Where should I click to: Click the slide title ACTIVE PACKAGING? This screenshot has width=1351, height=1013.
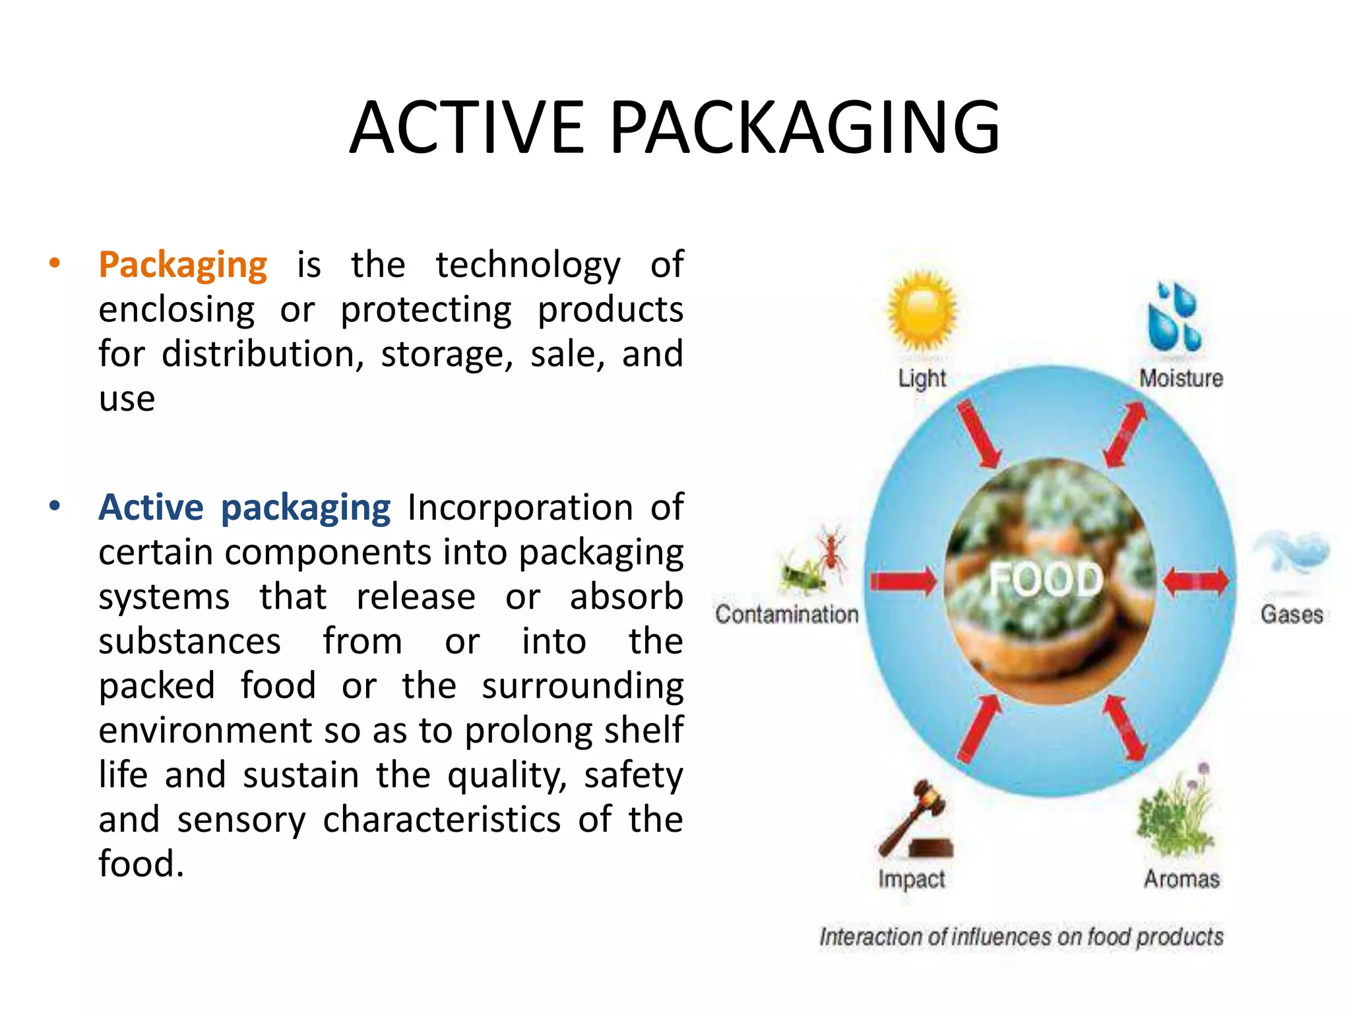674,127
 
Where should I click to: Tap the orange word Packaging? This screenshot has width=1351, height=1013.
183,265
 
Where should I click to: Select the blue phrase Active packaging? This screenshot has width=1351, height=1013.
244,508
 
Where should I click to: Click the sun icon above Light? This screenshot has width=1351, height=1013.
922,311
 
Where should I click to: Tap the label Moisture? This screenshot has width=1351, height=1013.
1181,379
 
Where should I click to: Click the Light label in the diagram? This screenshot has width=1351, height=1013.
922,379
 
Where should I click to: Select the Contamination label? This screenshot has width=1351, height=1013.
786,614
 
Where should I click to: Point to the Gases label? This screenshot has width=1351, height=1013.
1291,614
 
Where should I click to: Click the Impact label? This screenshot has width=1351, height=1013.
911,879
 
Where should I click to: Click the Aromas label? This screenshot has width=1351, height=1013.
1181,879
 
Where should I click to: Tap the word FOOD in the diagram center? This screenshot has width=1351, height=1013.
1046,580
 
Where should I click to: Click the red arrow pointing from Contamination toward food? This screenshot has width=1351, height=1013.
902,581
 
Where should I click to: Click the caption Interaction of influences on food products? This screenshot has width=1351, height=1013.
1021,937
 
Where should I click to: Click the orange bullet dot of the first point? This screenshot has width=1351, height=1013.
55,264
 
